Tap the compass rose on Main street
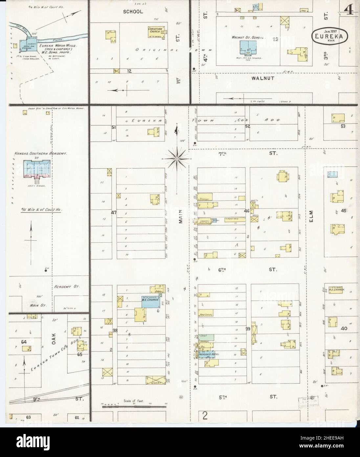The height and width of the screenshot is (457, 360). pos(176,159)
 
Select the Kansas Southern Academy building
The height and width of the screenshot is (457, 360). pos(36,169)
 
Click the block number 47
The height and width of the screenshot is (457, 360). pos(114,213)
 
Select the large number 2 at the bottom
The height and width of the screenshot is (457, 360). pos(205,416)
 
